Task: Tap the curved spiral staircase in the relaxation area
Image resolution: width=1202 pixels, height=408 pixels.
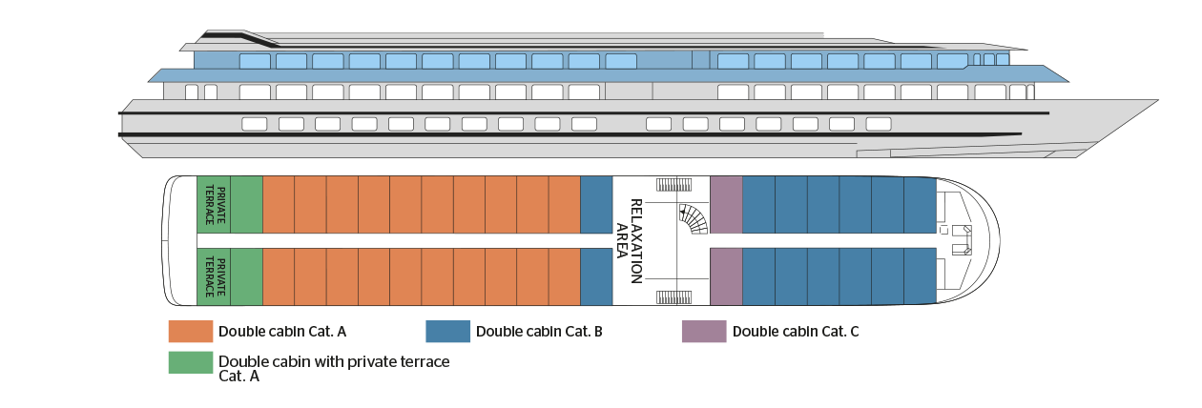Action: [693, 219]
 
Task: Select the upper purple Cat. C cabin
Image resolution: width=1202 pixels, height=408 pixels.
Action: [726, 205]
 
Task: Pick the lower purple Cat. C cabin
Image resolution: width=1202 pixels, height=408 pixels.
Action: [726, 276]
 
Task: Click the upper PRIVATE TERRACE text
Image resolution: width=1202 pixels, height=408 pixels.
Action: [214, 205]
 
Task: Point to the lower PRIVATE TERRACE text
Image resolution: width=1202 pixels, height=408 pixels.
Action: [214, 276]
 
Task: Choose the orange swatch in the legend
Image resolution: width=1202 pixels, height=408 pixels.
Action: [190, 332]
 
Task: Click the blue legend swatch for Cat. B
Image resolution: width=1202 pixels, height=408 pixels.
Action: [447, 332]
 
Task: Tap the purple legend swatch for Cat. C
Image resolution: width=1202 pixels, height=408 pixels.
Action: [704, 332]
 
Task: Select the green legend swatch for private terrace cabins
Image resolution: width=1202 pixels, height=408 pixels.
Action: [190, 363]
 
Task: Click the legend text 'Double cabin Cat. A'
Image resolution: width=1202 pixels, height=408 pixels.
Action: [281, 332]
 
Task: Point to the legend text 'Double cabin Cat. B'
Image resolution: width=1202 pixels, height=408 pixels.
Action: [539, 332]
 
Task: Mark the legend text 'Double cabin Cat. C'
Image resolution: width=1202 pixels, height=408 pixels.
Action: [796, 332]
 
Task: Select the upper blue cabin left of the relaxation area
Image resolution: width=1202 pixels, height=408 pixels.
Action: [596, 205]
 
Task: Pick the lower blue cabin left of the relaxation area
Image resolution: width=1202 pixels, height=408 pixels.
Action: [596, 276]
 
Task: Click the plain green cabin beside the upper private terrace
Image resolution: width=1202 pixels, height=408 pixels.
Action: [246, 205]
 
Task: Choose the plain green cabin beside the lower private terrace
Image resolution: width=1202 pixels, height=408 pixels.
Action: [246, 276]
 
